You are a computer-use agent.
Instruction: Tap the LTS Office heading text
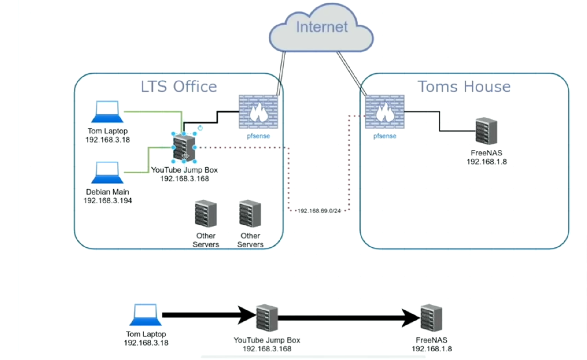click(x=178, y=86)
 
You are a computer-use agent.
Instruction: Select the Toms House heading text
click(x=464, y=86)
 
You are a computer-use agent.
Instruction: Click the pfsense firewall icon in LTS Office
click(x=258, y=111)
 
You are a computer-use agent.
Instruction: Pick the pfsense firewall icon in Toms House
click(x=384, y=111)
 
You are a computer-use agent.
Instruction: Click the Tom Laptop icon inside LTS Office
click(x=107, y=112)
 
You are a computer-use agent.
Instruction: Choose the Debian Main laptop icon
click(x=107, y=173)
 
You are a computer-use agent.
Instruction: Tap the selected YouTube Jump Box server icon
click(x=184, y=148)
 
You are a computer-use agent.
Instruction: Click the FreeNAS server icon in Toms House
click(x=486, y=132)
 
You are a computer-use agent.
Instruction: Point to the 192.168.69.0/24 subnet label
click(x=319, y=211)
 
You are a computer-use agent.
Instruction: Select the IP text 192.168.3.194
click(x=107, y=201)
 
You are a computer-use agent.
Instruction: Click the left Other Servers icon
click(x=205, y=213)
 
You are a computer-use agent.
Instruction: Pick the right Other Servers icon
click(x=250, y=213)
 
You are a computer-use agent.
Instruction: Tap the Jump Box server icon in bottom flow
click(x=267, y=318)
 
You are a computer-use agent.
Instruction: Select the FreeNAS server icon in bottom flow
click(x=431, y=318)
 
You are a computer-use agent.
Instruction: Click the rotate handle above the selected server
click(x=200, y=128)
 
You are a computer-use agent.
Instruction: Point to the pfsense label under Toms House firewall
click(x=384, y=136)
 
